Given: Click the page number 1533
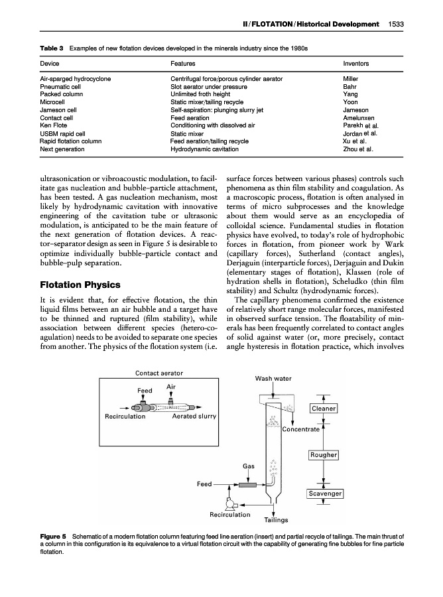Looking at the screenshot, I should pos(397,25).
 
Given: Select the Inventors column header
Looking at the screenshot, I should pos(355,64).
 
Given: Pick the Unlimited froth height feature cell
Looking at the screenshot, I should pos(200,94).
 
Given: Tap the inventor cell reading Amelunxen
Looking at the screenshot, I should pos(359,117).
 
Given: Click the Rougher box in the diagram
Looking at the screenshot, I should pos(324,454).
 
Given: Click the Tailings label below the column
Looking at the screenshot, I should pos(275,520).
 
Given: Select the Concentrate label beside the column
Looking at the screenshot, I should pos(301,429).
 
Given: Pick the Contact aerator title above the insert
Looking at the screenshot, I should pos(159,373).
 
